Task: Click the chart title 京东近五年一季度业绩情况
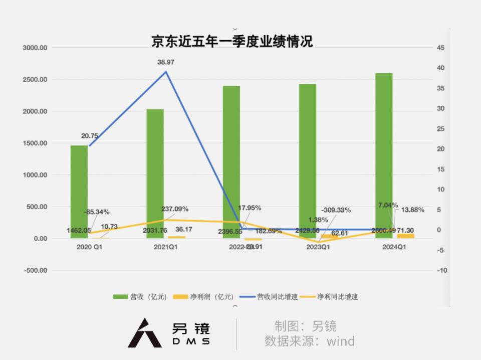pyautogui.click(x=232, y=41)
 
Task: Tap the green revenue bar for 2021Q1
pyautogui.click(x=155, y=173)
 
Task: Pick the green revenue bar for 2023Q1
pyautogui.click(x=308, y=160)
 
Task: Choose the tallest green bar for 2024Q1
pyautogui.click(x=384, y=155)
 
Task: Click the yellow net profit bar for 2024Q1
pyautogui.click(x=405, y=236)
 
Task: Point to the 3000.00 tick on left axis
pyautogui.click(x=35, y=48)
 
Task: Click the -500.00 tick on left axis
pyautogui.click(x=35, y=270)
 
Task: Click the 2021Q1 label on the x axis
pyautogui.click(x=165, y=247)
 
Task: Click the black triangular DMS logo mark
pyautogui.click(x=144, y=333)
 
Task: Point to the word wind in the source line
pyautogui.click(x=341, y=341)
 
